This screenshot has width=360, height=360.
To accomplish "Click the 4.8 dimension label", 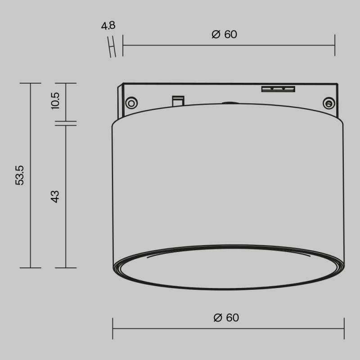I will coord(108,26).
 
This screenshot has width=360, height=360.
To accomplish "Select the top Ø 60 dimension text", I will coord(224,35).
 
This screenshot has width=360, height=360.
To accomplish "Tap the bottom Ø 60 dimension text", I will coord(226,318).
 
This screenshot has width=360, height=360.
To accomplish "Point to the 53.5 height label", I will coord(19,175).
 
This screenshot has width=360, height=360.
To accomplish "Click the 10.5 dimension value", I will coord(55,101).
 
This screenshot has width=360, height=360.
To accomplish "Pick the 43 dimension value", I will coord(55,196).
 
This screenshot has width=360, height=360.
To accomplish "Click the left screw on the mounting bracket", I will coord(131,103).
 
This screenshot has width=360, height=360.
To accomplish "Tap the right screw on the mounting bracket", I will coord(328,104).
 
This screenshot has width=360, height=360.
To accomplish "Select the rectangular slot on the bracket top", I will coord(278,88).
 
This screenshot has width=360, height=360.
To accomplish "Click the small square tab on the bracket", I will coord(178,100).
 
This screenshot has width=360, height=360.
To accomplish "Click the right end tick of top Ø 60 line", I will coord(335,45).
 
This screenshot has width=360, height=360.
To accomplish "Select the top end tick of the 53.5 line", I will coord(30,83).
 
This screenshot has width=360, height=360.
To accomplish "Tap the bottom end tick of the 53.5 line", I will coord(30,268).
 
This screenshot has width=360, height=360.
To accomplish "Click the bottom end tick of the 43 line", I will coord(66,268).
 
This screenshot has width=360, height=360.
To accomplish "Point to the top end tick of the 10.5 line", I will coord(66,83).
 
